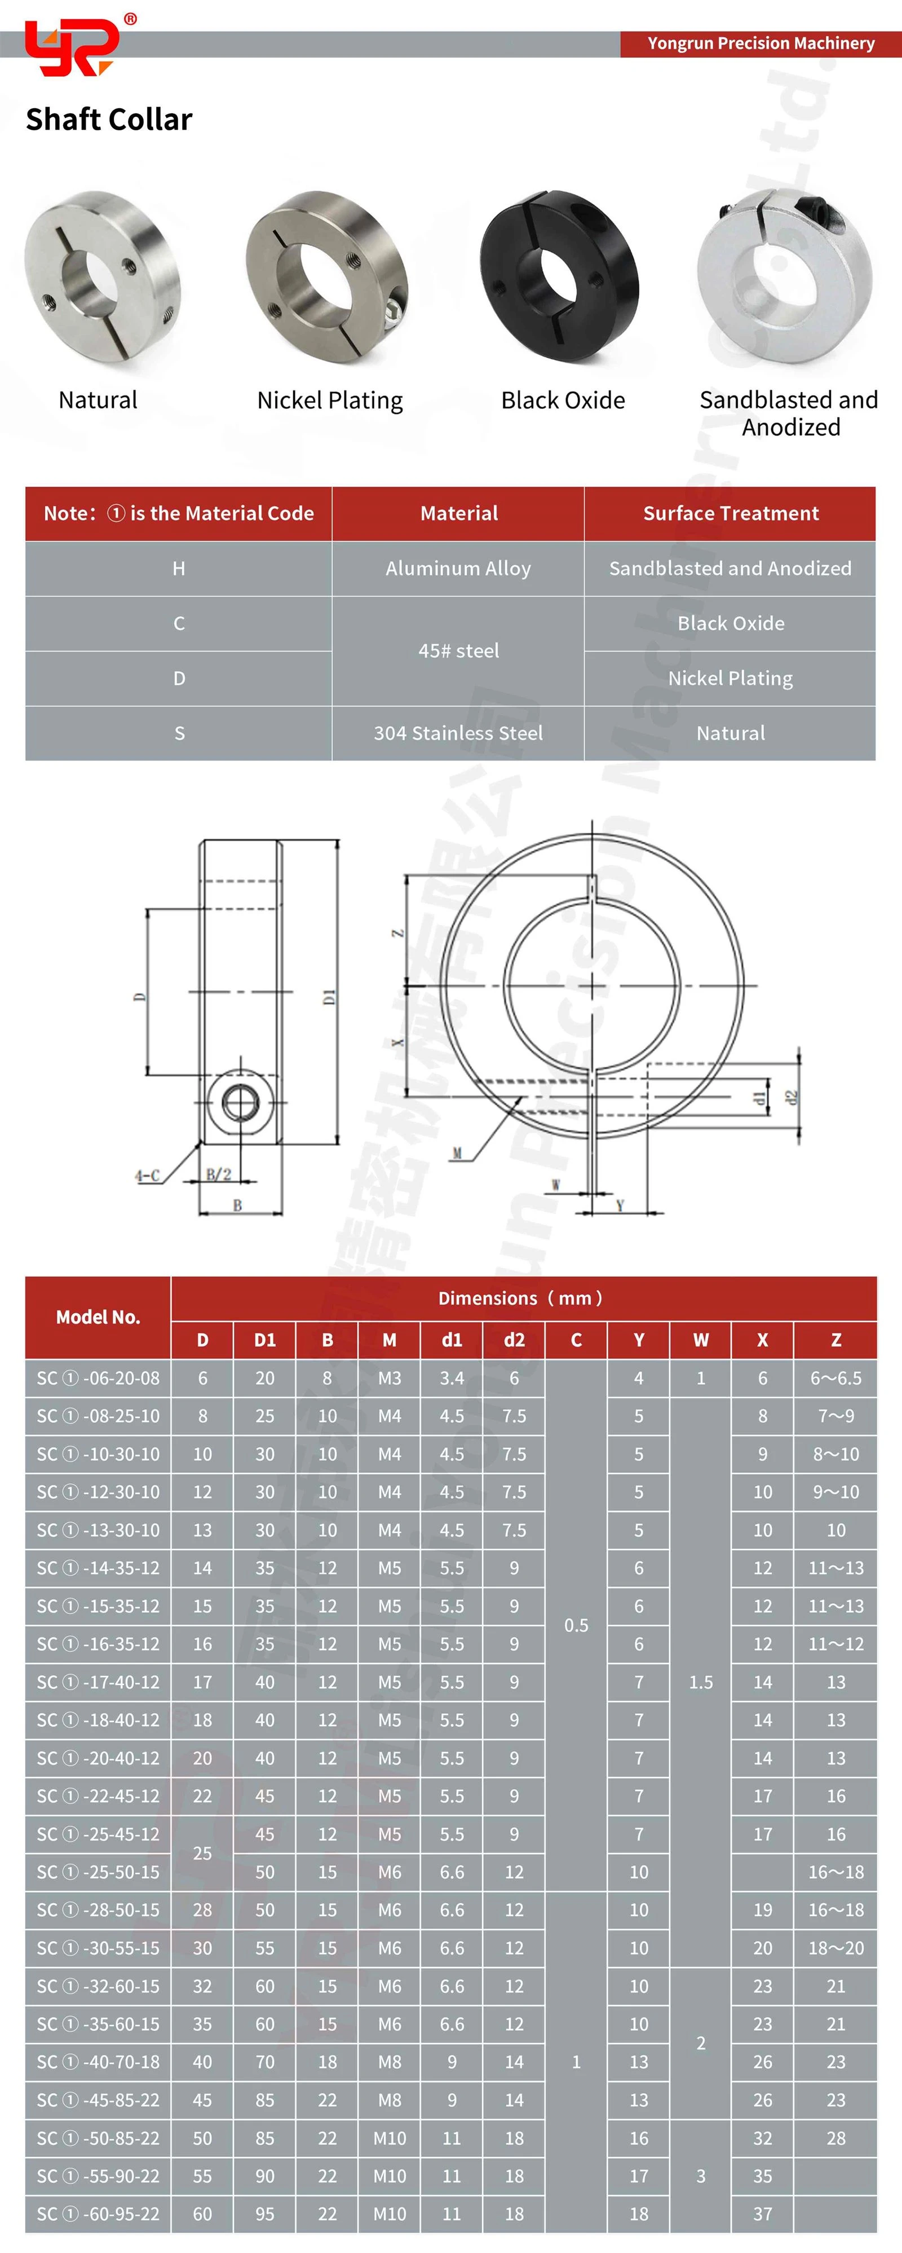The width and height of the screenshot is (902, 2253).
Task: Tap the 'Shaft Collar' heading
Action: click(109, 119)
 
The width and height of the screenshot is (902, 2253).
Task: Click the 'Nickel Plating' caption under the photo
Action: click(329, 401)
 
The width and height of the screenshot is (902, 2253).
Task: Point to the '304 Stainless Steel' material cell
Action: click(458, 733)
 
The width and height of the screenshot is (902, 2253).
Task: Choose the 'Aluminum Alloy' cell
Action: click(458, 569)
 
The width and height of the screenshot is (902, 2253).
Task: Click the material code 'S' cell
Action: click(179, 733)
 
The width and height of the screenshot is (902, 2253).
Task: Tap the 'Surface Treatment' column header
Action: click(731, 513)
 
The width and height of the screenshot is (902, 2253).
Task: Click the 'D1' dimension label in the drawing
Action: click(329, 996)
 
